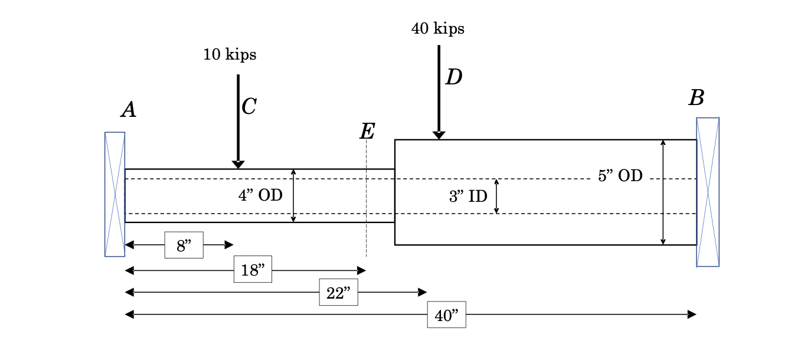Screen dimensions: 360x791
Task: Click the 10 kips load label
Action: coord(230,55)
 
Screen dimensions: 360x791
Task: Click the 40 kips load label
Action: coord(437,28)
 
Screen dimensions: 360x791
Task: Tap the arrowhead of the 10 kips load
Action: coord(238,165)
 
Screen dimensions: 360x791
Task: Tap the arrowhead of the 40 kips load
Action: coord(439,135)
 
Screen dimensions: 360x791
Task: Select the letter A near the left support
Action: coord(129,110)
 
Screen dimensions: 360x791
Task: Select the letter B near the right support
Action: coord(697,98)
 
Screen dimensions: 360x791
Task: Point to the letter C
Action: coord(249,107)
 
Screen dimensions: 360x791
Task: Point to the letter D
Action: coord(453,77)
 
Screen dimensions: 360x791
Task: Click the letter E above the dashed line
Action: coord(367,132)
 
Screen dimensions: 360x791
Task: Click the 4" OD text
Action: coord(260,195)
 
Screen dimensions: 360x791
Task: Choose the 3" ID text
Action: coord(468,197)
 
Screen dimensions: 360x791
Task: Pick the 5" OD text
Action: coord(620,176)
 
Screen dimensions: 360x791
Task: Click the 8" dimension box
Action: coord(184,245)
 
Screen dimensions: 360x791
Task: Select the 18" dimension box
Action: coord(253,270)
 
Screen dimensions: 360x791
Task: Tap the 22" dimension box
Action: coord(338,292)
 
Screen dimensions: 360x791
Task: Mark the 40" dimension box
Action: coord(446,315)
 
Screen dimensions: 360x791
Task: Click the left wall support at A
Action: coord(115,194)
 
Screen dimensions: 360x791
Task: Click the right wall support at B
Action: coord(707,192)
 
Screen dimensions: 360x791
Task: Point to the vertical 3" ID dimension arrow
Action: coord(496,196)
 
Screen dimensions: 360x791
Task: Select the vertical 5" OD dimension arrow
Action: coord(663,192)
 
